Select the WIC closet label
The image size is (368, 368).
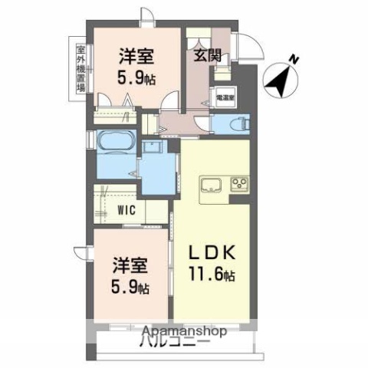pos(128,209)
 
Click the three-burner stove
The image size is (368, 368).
pos(239,186)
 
